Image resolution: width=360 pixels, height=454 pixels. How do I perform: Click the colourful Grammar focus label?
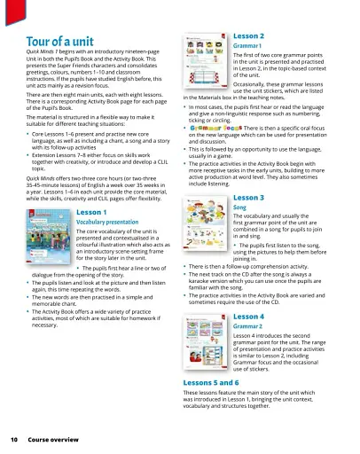(214, 152)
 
